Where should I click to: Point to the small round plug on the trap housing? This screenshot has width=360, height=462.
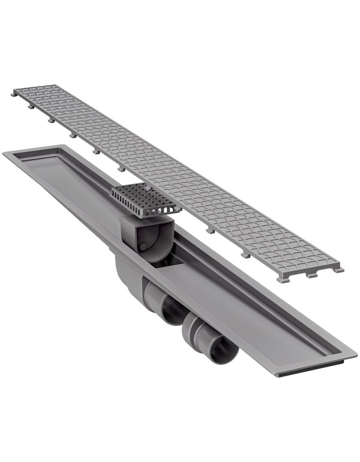(142, 246)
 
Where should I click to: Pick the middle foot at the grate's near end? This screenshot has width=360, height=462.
(310, 275)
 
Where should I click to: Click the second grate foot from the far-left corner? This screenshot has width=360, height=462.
(30, 108)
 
